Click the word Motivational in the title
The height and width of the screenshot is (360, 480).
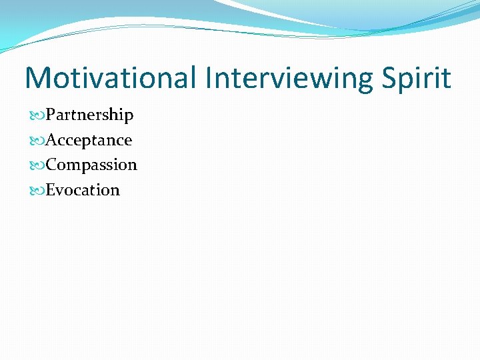tap(111, 78)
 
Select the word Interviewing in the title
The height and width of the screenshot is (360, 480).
tap(289, 78)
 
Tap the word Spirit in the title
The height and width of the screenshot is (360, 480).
tap(417, 78)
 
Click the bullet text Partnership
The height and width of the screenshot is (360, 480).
tap(89, 115)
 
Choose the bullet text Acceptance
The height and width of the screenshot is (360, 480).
tap(89, 140)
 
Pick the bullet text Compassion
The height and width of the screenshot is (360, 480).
tap(91, 165)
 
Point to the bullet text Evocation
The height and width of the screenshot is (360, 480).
tap(83, 190)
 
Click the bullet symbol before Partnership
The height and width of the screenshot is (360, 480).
tap(38, 115)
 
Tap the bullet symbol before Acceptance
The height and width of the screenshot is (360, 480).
tap(38, 140)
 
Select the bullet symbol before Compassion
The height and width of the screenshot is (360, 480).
tap(38, 165)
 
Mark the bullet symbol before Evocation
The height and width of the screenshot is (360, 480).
tap(38, 190)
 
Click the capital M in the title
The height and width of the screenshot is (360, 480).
tap(39, 78)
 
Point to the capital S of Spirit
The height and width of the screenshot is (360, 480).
tap(391, 78)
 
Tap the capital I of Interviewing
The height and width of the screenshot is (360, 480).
tap(209, 78)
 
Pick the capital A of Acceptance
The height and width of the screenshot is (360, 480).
tap(51, 140)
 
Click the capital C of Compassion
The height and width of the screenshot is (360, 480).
tap(51, 165)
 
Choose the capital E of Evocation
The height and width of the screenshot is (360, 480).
tap(51, 190)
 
